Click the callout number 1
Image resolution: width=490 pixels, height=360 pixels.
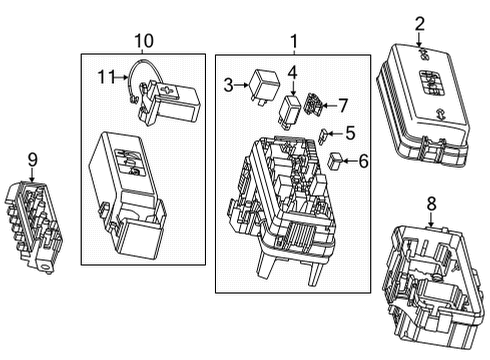pyautogui.click(x=294, y=40)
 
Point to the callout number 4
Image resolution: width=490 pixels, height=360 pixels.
pyautogui.click(x=291, y=72)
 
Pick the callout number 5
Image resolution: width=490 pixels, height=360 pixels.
pyautogui.click(x=349, y=131)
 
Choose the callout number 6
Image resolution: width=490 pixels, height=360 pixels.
pyautogui.click(x=362, y=160)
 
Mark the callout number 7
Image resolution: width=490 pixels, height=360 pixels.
pyautogui.click(x=343, y=104)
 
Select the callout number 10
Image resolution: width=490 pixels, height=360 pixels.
pyautogui.click(x=144, y=40)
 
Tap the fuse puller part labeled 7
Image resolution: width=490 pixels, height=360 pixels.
pyautogui.click(x=315, y=104)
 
